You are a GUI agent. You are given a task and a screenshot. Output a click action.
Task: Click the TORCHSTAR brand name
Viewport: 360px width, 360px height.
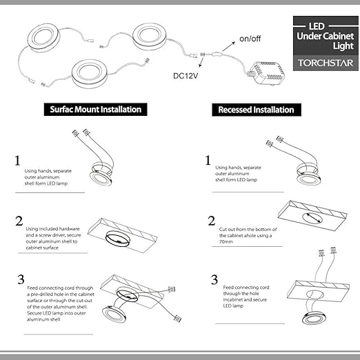click(x=326, y=63)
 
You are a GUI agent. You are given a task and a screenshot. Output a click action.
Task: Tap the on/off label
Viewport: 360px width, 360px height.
click(x=250, y=39)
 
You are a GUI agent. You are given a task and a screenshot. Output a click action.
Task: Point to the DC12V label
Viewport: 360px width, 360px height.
click(x=186, y=76)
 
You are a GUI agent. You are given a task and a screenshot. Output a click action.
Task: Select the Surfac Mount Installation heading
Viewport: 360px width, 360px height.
click(x=95, y=110)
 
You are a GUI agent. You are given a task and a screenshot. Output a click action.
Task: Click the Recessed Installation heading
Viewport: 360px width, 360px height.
click(x=256, y=110)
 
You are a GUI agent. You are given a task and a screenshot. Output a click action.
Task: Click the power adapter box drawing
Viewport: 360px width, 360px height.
click(x=267, y=73)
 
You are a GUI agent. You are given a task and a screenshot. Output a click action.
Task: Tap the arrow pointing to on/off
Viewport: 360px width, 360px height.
click(x=228, y=46)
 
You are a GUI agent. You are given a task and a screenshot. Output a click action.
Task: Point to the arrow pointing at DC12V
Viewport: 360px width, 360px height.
click(x=201, y=62)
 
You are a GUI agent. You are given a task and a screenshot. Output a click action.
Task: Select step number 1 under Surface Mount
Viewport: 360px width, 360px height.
click(x=17, y=161)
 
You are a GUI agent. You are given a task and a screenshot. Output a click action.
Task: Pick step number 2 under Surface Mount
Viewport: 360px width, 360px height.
click(x=19, y=221)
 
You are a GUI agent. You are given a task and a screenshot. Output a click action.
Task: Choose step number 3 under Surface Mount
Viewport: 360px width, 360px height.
click(x=21, y=279)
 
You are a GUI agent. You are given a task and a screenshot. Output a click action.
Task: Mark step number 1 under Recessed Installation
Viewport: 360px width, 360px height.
click(x=208, y=160)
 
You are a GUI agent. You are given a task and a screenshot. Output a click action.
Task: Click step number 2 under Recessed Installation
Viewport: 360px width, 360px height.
click(x=212, y=221)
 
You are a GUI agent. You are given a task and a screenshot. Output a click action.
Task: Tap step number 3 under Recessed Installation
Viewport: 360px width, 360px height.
click(x=214, y=279)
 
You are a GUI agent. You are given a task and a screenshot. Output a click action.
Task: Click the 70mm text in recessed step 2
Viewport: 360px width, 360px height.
click(x=226, y=241)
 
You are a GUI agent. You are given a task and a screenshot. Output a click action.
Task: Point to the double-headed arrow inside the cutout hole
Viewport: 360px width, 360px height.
click(x=312, y=218)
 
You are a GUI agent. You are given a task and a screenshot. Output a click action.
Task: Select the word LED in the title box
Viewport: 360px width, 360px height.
click(x=317, y=26)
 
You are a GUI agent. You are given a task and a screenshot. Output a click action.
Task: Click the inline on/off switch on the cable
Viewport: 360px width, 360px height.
click(x=217, y=55)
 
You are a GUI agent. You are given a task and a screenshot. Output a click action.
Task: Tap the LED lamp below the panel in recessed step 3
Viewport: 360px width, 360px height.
click(x=312, y=319)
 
